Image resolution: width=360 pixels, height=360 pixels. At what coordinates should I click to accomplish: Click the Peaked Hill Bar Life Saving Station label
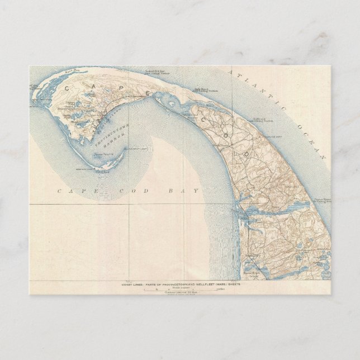pyautogui.click(x=154, y=72)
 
